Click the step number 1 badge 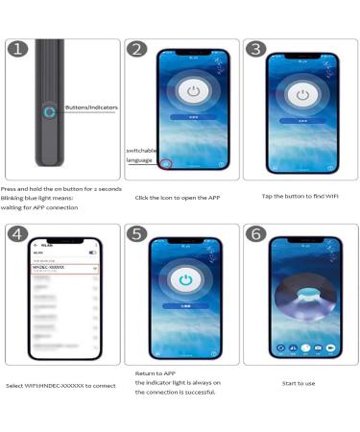point(18,49)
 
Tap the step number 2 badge point(137,49)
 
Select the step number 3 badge point(255,49)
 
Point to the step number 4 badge point(18,233)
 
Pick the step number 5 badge point(137,233)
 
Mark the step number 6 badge point(255,233)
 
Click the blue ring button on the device point(49,111)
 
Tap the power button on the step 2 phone point(194,94)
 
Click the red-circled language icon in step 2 point(166,164)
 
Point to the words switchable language point(140,156)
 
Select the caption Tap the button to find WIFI point(300,196)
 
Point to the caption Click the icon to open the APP point(180,198)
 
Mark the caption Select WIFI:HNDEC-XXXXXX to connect point(60,386)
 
